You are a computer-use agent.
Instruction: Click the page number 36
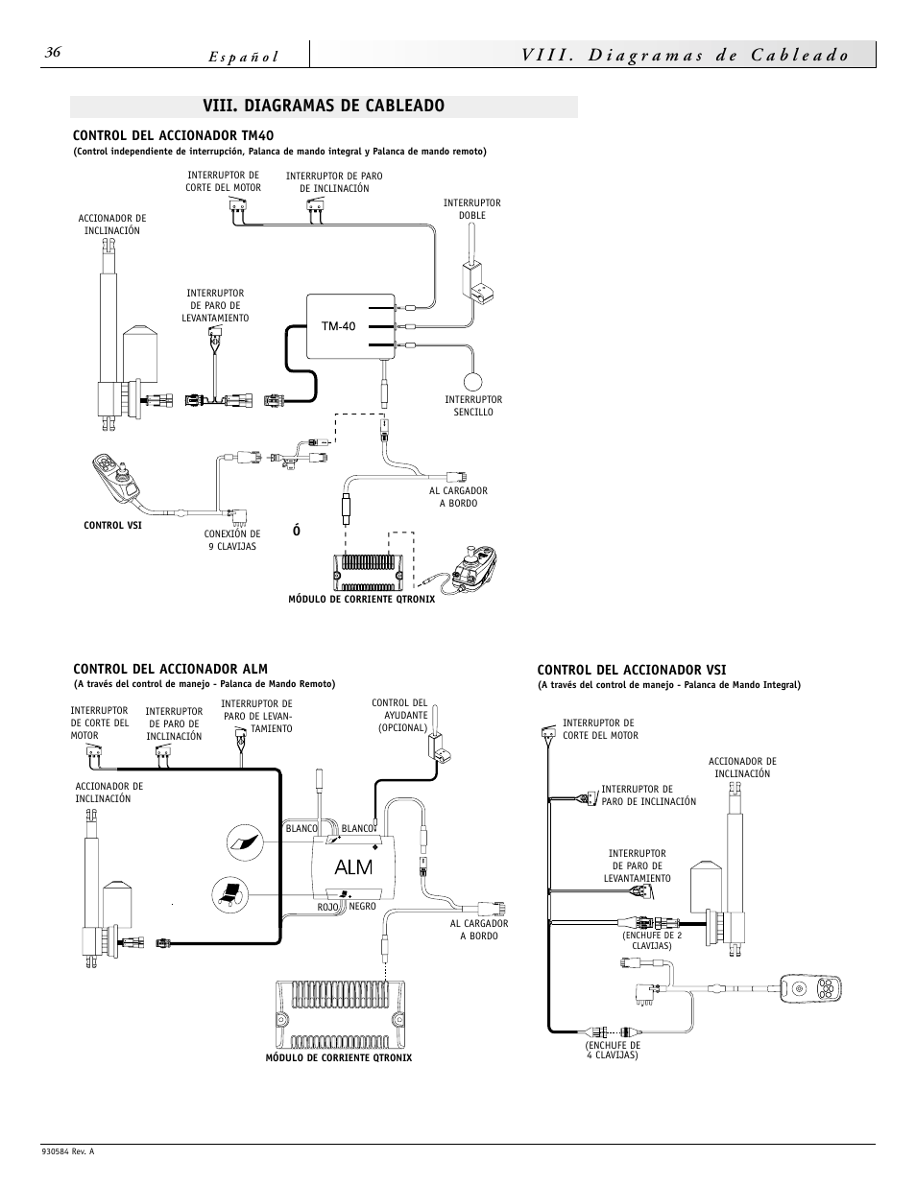pos(53,54)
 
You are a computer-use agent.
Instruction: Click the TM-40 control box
pos(350,326)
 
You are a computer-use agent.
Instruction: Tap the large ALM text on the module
pos(352,867)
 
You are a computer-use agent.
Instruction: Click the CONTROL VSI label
pos(112,526)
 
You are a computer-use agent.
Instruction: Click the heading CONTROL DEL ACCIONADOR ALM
pos(170,669)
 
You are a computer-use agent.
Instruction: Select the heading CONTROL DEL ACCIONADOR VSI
pos(631,669)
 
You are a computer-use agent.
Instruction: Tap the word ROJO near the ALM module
pos(328,907)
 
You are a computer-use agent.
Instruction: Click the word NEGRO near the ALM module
pos(362,907)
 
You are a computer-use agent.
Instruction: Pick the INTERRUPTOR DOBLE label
pos(471,209)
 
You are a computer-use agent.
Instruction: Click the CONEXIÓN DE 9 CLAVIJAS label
pos(231,540)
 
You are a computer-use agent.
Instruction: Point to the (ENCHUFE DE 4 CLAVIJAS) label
pos(613,1050)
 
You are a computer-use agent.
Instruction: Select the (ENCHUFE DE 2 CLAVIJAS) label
pos(651,940)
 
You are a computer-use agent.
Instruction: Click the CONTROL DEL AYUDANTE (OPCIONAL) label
pos(398,715)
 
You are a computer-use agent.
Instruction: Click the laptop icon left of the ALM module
pos(230,892)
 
